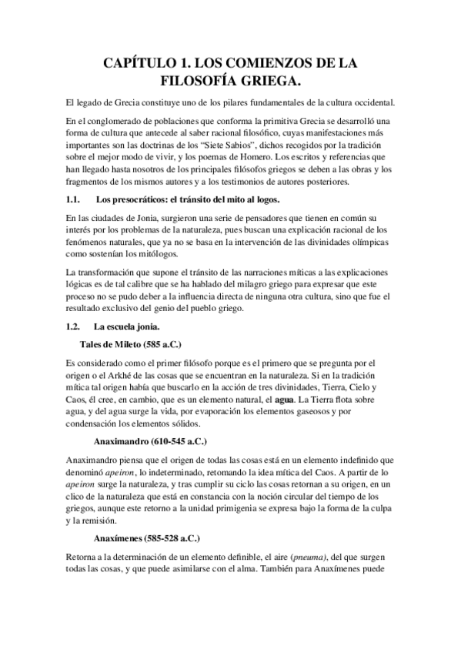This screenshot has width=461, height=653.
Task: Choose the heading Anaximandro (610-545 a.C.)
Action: pos(147,443)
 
